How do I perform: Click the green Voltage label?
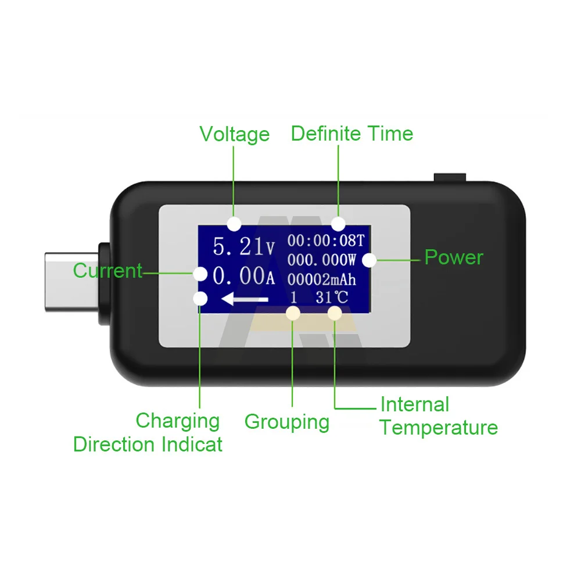coord(234,134)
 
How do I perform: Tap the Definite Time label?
coord(352,134)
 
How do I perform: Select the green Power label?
coord(453,257)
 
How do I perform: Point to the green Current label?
coord(107,271)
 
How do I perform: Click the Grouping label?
coord(286,422)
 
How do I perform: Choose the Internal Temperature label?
coord(439,416)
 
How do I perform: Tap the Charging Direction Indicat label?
coord(148,433)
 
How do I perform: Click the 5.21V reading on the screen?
coord(243,246)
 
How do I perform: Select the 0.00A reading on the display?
coord(243,277)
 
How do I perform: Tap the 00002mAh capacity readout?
coord(321,279)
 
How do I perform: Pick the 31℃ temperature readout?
coord(332,297)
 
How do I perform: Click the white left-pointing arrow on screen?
coord(245,299)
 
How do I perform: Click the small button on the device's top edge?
coord(450,177)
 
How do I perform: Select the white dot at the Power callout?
coord(369,260)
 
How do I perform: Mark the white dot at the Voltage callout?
coord(234,223)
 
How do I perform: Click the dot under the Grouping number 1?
coord(293,314)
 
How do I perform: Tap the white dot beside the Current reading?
coord(200,273)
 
